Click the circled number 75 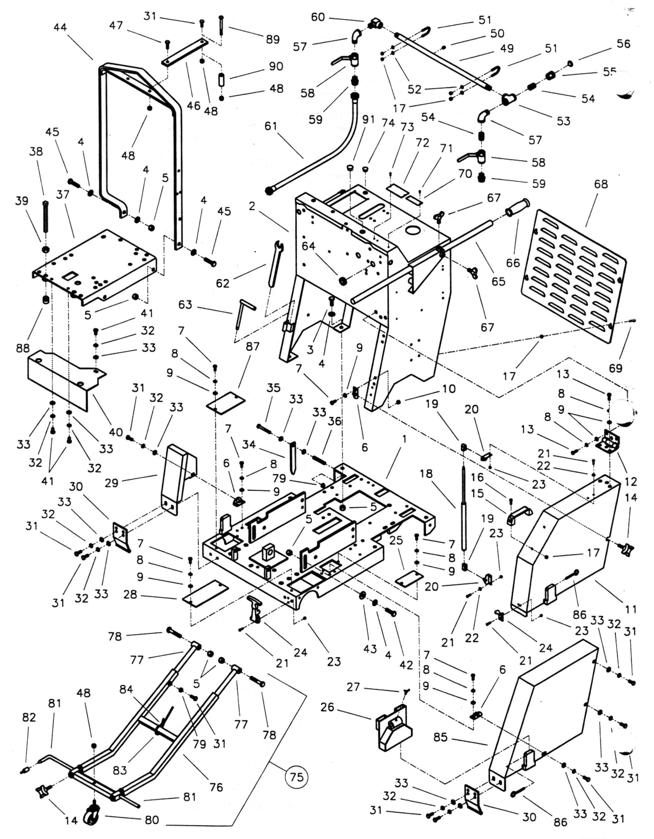pyautogui.click(x=296, y=777)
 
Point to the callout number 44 pyautogui.click(x=60, y=27)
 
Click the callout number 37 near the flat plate pyautogui.click(x=63, y=194)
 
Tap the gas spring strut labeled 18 pyautogui.click(x=464, y=507)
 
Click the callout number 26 pyautogui.click(x=327, y=707)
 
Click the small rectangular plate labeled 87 pyautogui.click(x=225, y=402)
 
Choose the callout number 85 pyautogui.click(x=440, y=737)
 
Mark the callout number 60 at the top pyautogui.click(x=318, y=17)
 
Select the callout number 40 pyautogui.click(x=115, y=432)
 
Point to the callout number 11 pyautogui.click(x=631, y=609)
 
